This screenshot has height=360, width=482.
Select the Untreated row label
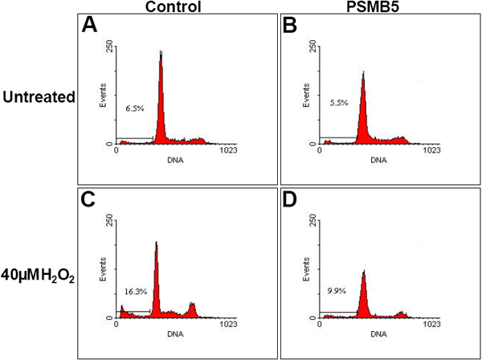point(37,97)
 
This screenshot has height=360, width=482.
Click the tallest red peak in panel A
point(161,96)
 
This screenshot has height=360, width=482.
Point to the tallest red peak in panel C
point(157,273)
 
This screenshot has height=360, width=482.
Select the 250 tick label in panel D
point(311,219)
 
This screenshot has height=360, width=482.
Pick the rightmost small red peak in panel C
point(192,309)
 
